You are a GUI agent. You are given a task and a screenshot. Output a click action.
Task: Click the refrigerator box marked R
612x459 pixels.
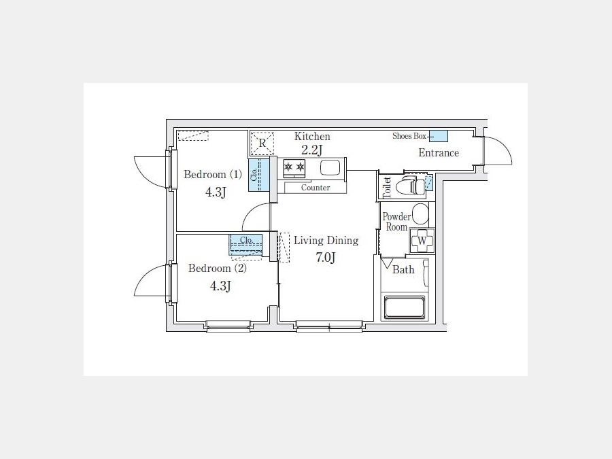tap(262, 143)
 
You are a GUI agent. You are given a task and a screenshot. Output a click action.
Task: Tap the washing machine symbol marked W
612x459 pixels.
tap(422, 241)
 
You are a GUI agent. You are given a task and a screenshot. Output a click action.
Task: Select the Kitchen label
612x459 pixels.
tap(312, 136)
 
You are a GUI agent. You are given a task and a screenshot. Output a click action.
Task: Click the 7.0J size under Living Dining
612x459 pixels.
tap(326, 258)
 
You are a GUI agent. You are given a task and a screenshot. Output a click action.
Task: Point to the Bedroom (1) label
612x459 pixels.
tap(213, 174)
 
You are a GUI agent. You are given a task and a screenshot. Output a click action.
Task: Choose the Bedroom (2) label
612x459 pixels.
tap(218, 268)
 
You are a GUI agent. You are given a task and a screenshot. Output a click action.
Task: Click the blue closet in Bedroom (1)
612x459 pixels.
tap(259, 175)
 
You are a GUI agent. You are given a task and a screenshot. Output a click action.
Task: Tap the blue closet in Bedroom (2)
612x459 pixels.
tap(245, 245)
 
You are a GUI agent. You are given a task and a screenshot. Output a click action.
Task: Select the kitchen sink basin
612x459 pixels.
tap(330, 168)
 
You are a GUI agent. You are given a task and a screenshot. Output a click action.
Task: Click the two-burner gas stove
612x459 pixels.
tap(294, 168)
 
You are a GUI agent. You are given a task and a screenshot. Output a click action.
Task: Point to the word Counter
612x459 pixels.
tap(316, 188)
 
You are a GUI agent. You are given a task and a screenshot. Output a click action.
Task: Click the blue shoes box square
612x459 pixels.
tap(439, 136)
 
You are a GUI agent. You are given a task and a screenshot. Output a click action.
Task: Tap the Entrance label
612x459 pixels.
tap(439, 152)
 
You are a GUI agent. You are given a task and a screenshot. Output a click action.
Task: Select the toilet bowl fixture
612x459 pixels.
tap(410, 186)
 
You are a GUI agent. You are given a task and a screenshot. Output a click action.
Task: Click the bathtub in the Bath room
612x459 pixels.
tap(404, 307)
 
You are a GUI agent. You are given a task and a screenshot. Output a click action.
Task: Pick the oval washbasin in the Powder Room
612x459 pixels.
tap(420, 214)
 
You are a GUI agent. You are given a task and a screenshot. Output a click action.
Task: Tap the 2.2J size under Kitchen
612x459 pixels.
tap(312, 150)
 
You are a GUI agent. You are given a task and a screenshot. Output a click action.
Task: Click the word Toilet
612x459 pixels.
tap(387, 187)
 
